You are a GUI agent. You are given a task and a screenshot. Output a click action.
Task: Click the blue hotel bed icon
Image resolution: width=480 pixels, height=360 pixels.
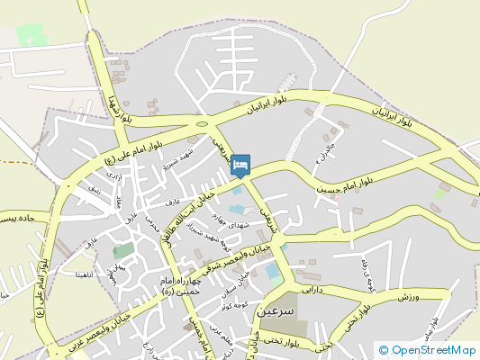240,166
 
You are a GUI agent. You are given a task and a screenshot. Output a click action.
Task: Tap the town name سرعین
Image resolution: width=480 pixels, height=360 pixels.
276,310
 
